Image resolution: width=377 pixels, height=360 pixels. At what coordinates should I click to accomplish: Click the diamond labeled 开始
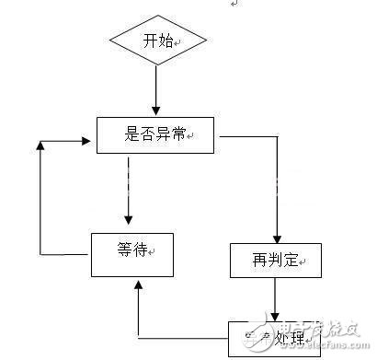pos(157,41)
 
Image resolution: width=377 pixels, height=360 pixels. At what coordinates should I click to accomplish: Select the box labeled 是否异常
pos(155,136)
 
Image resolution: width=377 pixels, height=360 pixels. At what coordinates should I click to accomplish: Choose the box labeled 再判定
pos(275,260)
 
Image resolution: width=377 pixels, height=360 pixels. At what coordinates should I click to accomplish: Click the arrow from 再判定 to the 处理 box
pos(275,297)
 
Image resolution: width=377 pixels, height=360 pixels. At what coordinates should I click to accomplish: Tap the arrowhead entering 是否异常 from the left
pos(91,143)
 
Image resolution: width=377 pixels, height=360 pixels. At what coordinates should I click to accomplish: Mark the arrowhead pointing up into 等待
pos(137,285)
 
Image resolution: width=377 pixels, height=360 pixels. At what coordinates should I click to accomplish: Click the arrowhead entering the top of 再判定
pos(275,238)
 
